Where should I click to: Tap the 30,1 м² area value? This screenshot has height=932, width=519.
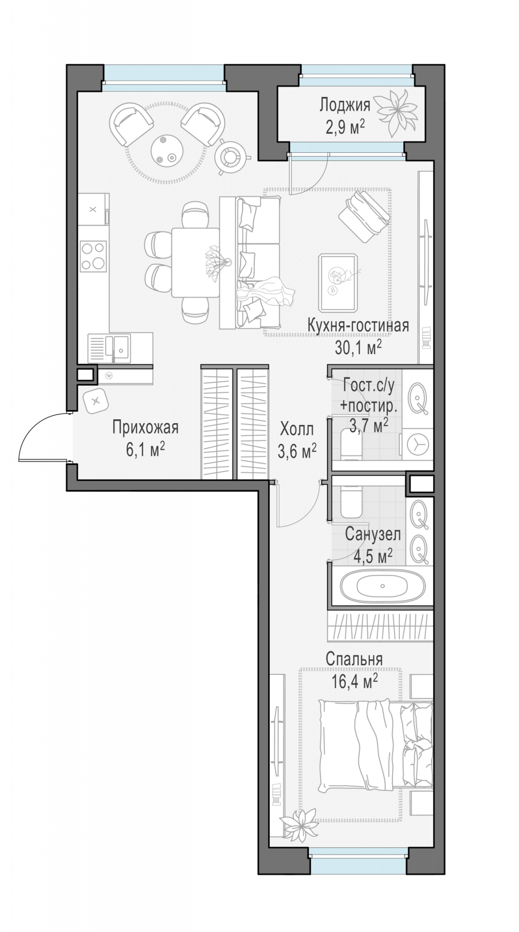[x=358, y=347]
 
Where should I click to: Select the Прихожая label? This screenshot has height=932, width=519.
[x=146, y=427]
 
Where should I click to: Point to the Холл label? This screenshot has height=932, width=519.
[x=296, y=428]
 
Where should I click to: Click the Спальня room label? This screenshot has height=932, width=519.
[x=354, y=659]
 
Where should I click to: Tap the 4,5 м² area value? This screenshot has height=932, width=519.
[x=373, y=555]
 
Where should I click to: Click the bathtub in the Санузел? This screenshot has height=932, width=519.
[x=382, y=585]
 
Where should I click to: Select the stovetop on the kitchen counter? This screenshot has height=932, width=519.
[x=93, y=256]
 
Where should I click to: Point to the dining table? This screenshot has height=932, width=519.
[x=196, y=262]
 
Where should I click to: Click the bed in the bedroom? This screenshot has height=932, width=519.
[x=376, y=747]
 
